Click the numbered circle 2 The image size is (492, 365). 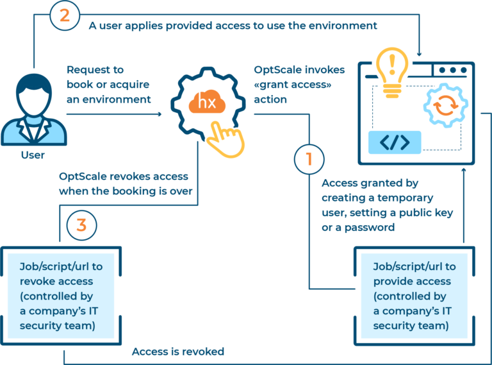[65, 15]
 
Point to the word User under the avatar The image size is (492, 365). [33, 155]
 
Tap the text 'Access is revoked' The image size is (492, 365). [177, 352]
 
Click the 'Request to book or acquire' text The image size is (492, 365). [108, 84]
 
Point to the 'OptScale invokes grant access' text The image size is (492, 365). [299, 84]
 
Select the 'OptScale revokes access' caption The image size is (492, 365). [126, 183]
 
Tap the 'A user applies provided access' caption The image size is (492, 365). [233, 26]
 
